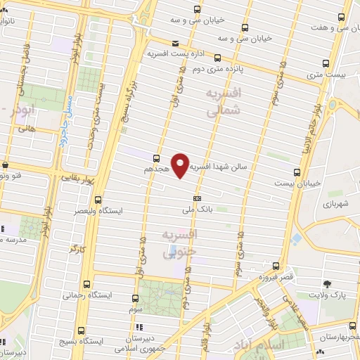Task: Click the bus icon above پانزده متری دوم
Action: point(217,58)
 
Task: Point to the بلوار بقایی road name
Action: point(67,179)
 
